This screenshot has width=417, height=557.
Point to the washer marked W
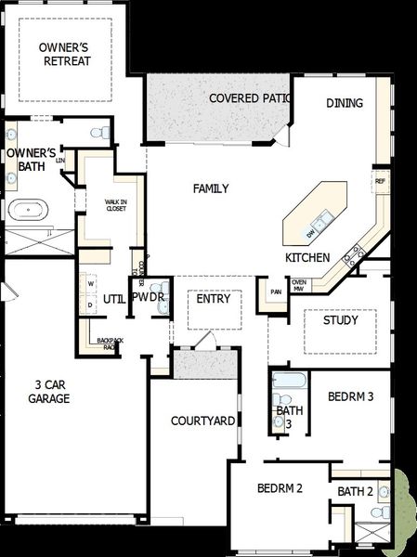(90, 284)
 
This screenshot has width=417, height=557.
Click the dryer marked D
(90, 304)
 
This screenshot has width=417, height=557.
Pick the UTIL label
(113, 298)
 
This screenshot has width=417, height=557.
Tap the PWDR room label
(149, 298)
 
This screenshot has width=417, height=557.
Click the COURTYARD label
(202, 421)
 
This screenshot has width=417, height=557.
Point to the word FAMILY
(211, 189)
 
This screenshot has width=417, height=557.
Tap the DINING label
(345, 103)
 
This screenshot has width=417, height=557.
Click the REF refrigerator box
(380, 181)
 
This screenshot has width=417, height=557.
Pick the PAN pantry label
(276, 292)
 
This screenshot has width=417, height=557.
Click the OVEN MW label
(298, 285)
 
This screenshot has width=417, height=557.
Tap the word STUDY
(340, 320)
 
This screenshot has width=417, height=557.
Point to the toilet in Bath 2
(379, 511)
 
